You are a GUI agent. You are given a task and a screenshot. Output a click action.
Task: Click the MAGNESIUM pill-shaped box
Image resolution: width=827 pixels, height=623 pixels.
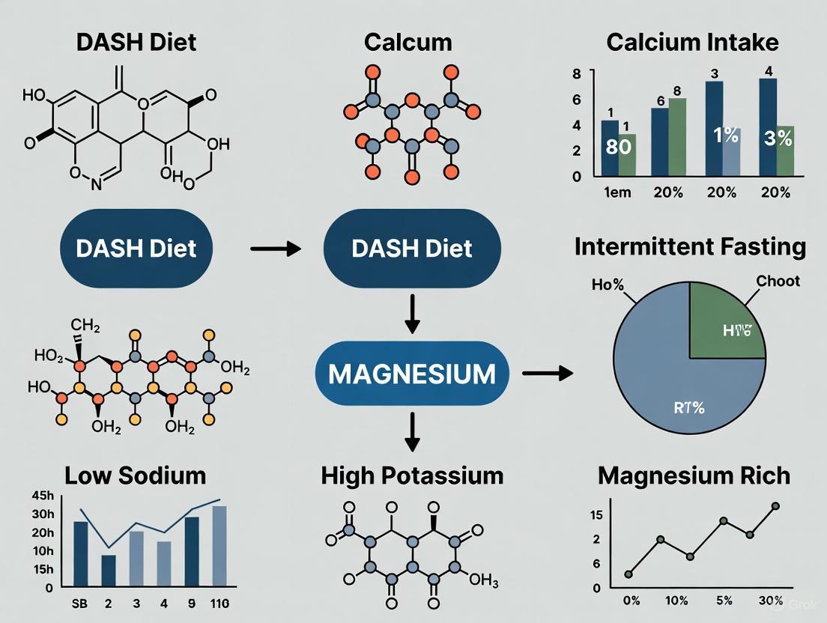(411, 372)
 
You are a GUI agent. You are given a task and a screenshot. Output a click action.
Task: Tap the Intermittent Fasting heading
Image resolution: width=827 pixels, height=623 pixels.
(690, 248)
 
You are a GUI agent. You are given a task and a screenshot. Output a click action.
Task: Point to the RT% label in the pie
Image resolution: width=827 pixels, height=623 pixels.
(685, 409)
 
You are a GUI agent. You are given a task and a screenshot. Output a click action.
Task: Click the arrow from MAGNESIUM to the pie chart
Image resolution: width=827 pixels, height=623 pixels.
(547, 372)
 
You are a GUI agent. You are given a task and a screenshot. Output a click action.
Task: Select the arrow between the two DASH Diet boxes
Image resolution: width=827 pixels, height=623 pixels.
(276, 248)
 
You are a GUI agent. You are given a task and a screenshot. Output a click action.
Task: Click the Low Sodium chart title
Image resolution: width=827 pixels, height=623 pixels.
(135, 475)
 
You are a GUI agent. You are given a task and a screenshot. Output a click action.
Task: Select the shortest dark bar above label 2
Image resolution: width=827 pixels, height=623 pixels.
(109, 571)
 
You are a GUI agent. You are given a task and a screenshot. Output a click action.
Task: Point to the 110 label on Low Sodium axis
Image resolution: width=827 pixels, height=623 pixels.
(219, 603)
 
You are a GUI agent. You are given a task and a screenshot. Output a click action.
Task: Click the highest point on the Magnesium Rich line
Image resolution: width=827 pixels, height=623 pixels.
(775, 506)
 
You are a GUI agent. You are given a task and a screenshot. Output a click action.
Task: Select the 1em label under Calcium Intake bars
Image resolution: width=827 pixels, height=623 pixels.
(617, 192)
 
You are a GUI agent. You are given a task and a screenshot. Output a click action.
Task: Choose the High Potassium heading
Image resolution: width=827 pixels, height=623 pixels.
(412, 475)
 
